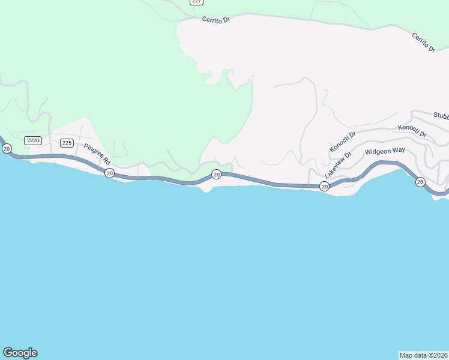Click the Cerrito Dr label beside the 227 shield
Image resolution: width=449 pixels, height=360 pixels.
pos(216,19)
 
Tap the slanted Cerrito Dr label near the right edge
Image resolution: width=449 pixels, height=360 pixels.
pos(423,43)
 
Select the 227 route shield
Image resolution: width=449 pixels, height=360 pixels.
pos(196,2)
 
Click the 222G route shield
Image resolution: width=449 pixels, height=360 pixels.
pos(32,140)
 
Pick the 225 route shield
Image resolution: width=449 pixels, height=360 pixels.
pos(67,143)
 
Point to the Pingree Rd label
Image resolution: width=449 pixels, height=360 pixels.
pos(97,154)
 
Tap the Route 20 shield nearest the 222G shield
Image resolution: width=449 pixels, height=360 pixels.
pos(6,148)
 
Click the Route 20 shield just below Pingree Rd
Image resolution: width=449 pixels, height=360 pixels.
pos(109,173)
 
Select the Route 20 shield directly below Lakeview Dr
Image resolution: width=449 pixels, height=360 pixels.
pos(324,187)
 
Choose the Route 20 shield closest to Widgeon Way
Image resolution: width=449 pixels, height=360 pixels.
pos(420,182)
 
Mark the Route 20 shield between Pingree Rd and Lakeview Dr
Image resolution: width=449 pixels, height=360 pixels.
pos(216,175)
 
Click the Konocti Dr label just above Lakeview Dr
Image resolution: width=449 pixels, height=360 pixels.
pos(343,142)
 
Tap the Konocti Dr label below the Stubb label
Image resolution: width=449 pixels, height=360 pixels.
pos(412,131)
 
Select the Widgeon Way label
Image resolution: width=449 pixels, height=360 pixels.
pos(385,151)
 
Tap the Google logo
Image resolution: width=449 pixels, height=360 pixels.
pos(20,353)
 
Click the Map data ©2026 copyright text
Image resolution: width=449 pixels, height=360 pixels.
pos(424,355)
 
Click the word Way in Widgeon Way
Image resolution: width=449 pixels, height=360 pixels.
pos(399,150)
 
